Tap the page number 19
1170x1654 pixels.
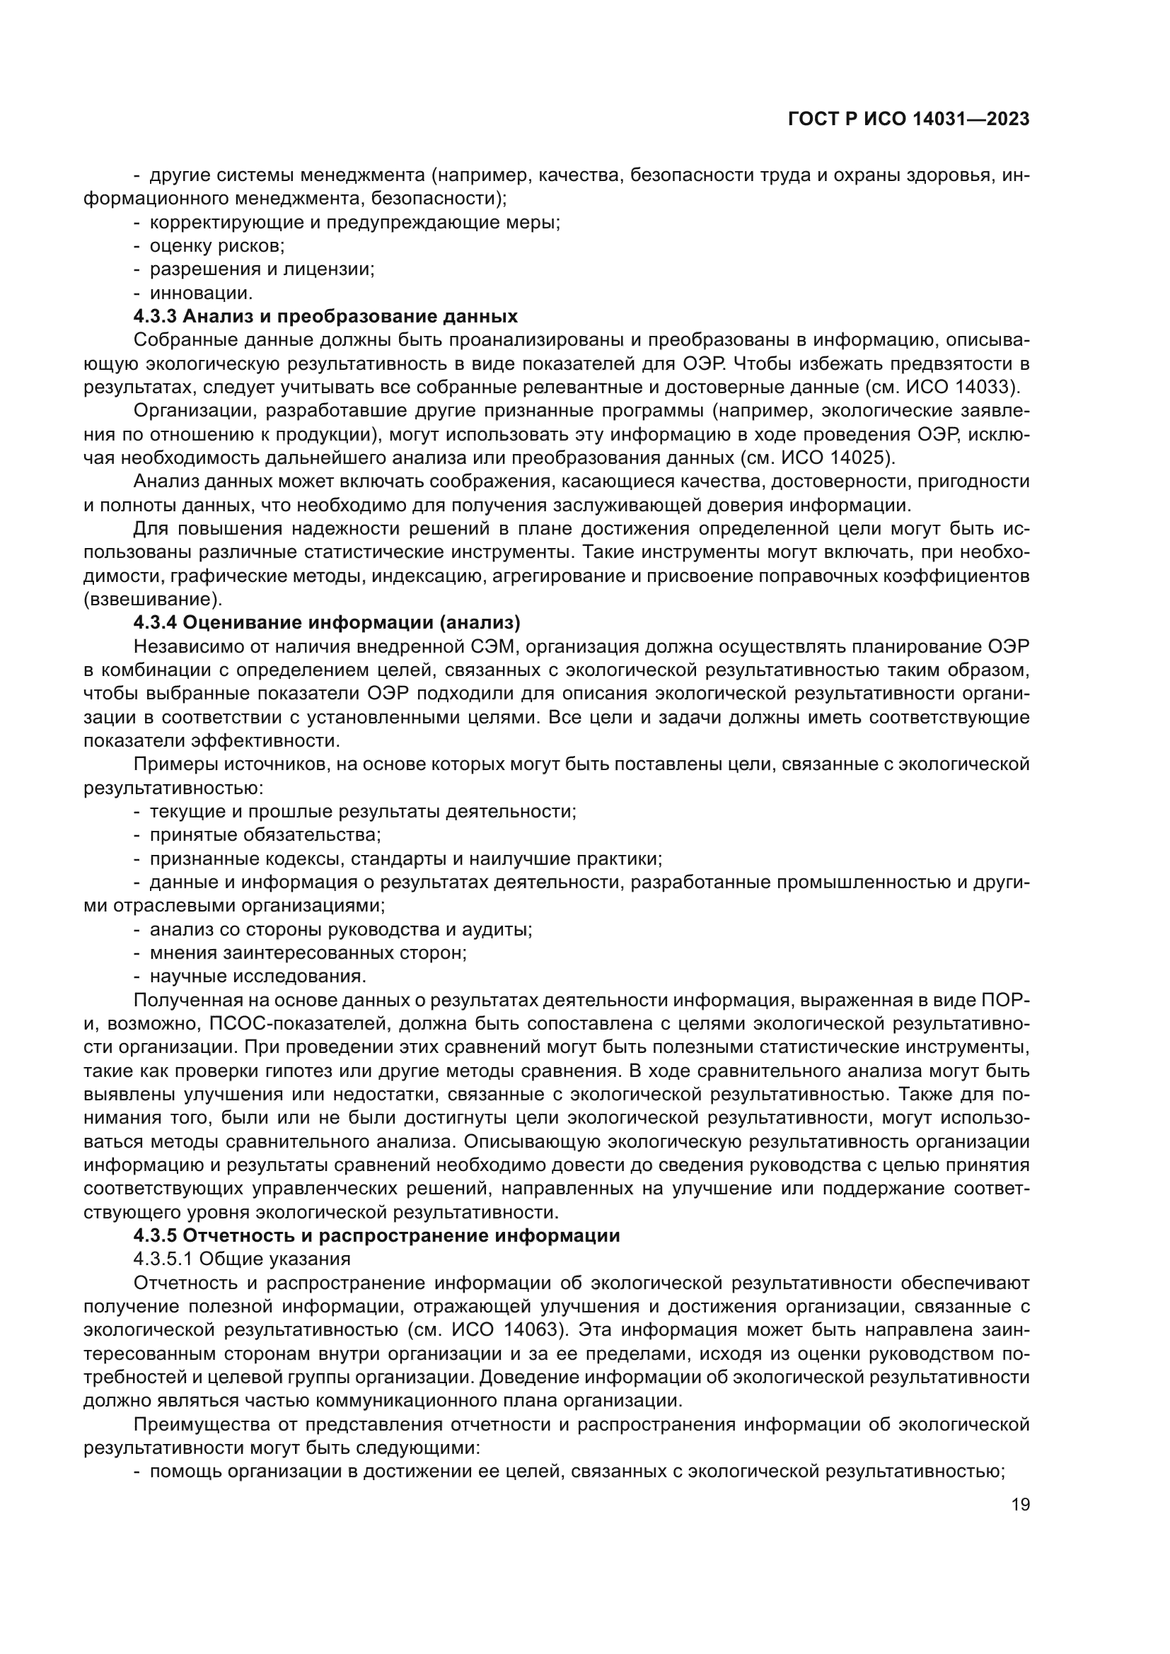(1020, 1505)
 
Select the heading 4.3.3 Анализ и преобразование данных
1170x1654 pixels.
(325, 316)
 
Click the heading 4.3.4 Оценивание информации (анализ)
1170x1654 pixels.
(326, 622)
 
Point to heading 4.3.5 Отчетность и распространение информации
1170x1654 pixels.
(376, 1235)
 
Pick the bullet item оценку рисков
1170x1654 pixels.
(217, 245)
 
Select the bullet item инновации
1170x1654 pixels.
(201, 293)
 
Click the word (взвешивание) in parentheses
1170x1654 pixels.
(154, 599)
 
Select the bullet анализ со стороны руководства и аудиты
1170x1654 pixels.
(341, 929)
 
